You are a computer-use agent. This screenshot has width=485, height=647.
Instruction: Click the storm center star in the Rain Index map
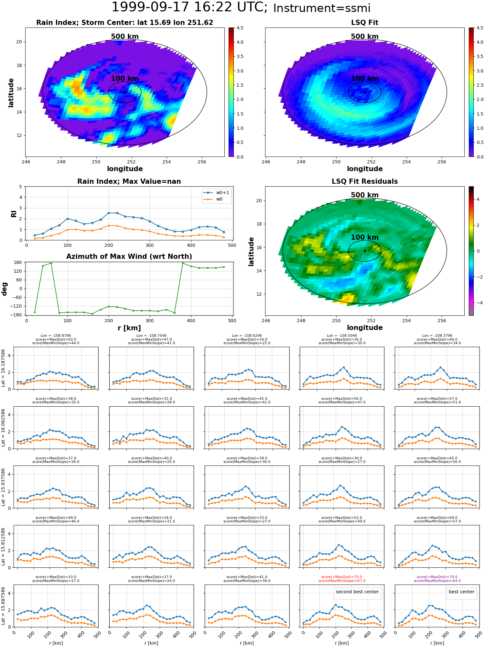click(125, 92)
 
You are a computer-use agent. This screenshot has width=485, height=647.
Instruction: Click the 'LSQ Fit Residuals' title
click(365, 181)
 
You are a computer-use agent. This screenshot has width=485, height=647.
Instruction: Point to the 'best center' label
click(461, 592)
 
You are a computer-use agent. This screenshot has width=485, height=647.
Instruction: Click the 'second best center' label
click(357, 592)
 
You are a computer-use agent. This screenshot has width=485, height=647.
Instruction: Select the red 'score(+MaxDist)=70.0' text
click(342, 577)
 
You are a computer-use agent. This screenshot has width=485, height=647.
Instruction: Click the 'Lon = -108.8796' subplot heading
click(56, 336)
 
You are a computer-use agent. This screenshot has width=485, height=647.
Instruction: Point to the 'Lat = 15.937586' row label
click(3, 487)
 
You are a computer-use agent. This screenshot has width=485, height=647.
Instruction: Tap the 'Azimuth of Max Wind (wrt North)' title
click(129, 257)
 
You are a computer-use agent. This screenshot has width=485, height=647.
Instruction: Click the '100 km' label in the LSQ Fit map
click(365, 78)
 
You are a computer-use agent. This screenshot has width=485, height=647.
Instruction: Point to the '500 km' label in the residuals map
click(365, 195)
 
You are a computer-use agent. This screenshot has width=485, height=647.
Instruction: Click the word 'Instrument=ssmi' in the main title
click(322, 8)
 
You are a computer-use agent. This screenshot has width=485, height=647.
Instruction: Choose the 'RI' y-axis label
click(14, 214)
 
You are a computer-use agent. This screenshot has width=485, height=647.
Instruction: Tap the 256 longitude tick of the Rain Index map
click(202, 162)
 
